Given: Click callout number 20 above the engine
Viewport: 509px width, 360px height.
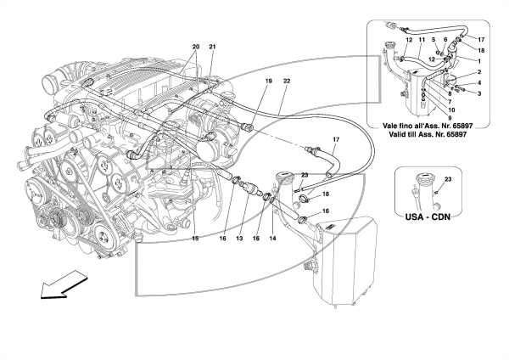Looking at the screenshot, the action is pyautogui.click(x=196, y=47).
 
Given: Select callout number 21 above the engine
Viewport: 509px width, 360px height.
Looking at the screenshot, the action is pyautogui.click(x=212, y=47).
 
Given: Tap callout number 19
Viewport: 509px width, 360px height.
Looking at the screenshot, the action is pyautogui.click(x=268, y=81).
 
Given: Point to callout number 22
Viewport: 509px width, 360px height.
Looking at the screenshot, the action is pyautogui.click(x=287, y=81).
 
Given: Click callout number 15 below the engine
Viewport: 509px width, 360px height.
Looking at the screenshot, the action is pyautogui.click(x=195, y=239).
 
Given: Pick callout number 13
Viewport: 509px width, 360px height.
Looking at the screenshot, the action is pyautogui.click(x=239, y=239).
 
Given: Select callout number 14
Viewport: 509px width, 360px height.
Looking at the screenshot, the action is pyautogui.click(x=272, y=239).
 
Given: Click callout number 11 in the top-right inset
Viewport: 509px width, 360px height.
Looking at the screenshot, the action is pyautogui.click(x=422, y=40).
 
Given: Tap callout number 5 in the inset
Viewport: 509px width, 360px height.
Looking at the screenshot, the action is pyautogui.click(x=433, y=40).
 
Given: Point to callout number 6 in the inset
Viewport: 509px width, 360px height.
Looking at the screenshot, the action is pyautogui.click(x=445, y=40).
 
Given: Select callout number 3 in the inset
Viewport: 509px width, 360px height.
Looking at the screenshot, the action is pyautogui.click(x=479, y=94).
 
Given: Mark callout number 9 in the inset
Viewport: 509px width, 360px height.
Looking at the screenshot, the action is pyautogui.click(x=450, y=118).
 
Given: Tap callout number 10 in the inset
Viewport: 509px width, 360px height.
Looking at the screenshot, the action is pyautogui.click(x=451, y=110).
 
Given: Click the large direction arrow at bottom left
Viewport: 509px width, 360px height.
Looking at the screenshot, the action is pyautogui.click(x=64, y=284).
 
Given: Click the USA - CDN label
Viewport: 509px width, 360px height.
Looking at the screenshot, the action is pyautogui.click(x=428, y=217).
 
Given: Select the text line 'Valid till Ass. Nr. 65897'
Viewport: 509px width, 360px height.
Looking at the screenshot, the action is pyautogui.click(x=428, y=134).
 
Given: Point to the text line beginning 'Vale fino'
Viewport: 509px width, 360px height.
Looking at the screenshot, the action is pyautogui.click(x=428, y=126).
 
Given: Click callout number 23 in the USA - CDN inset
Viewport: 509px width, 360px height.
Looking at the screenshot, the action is pyautogui.click(x=448, y=179).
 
